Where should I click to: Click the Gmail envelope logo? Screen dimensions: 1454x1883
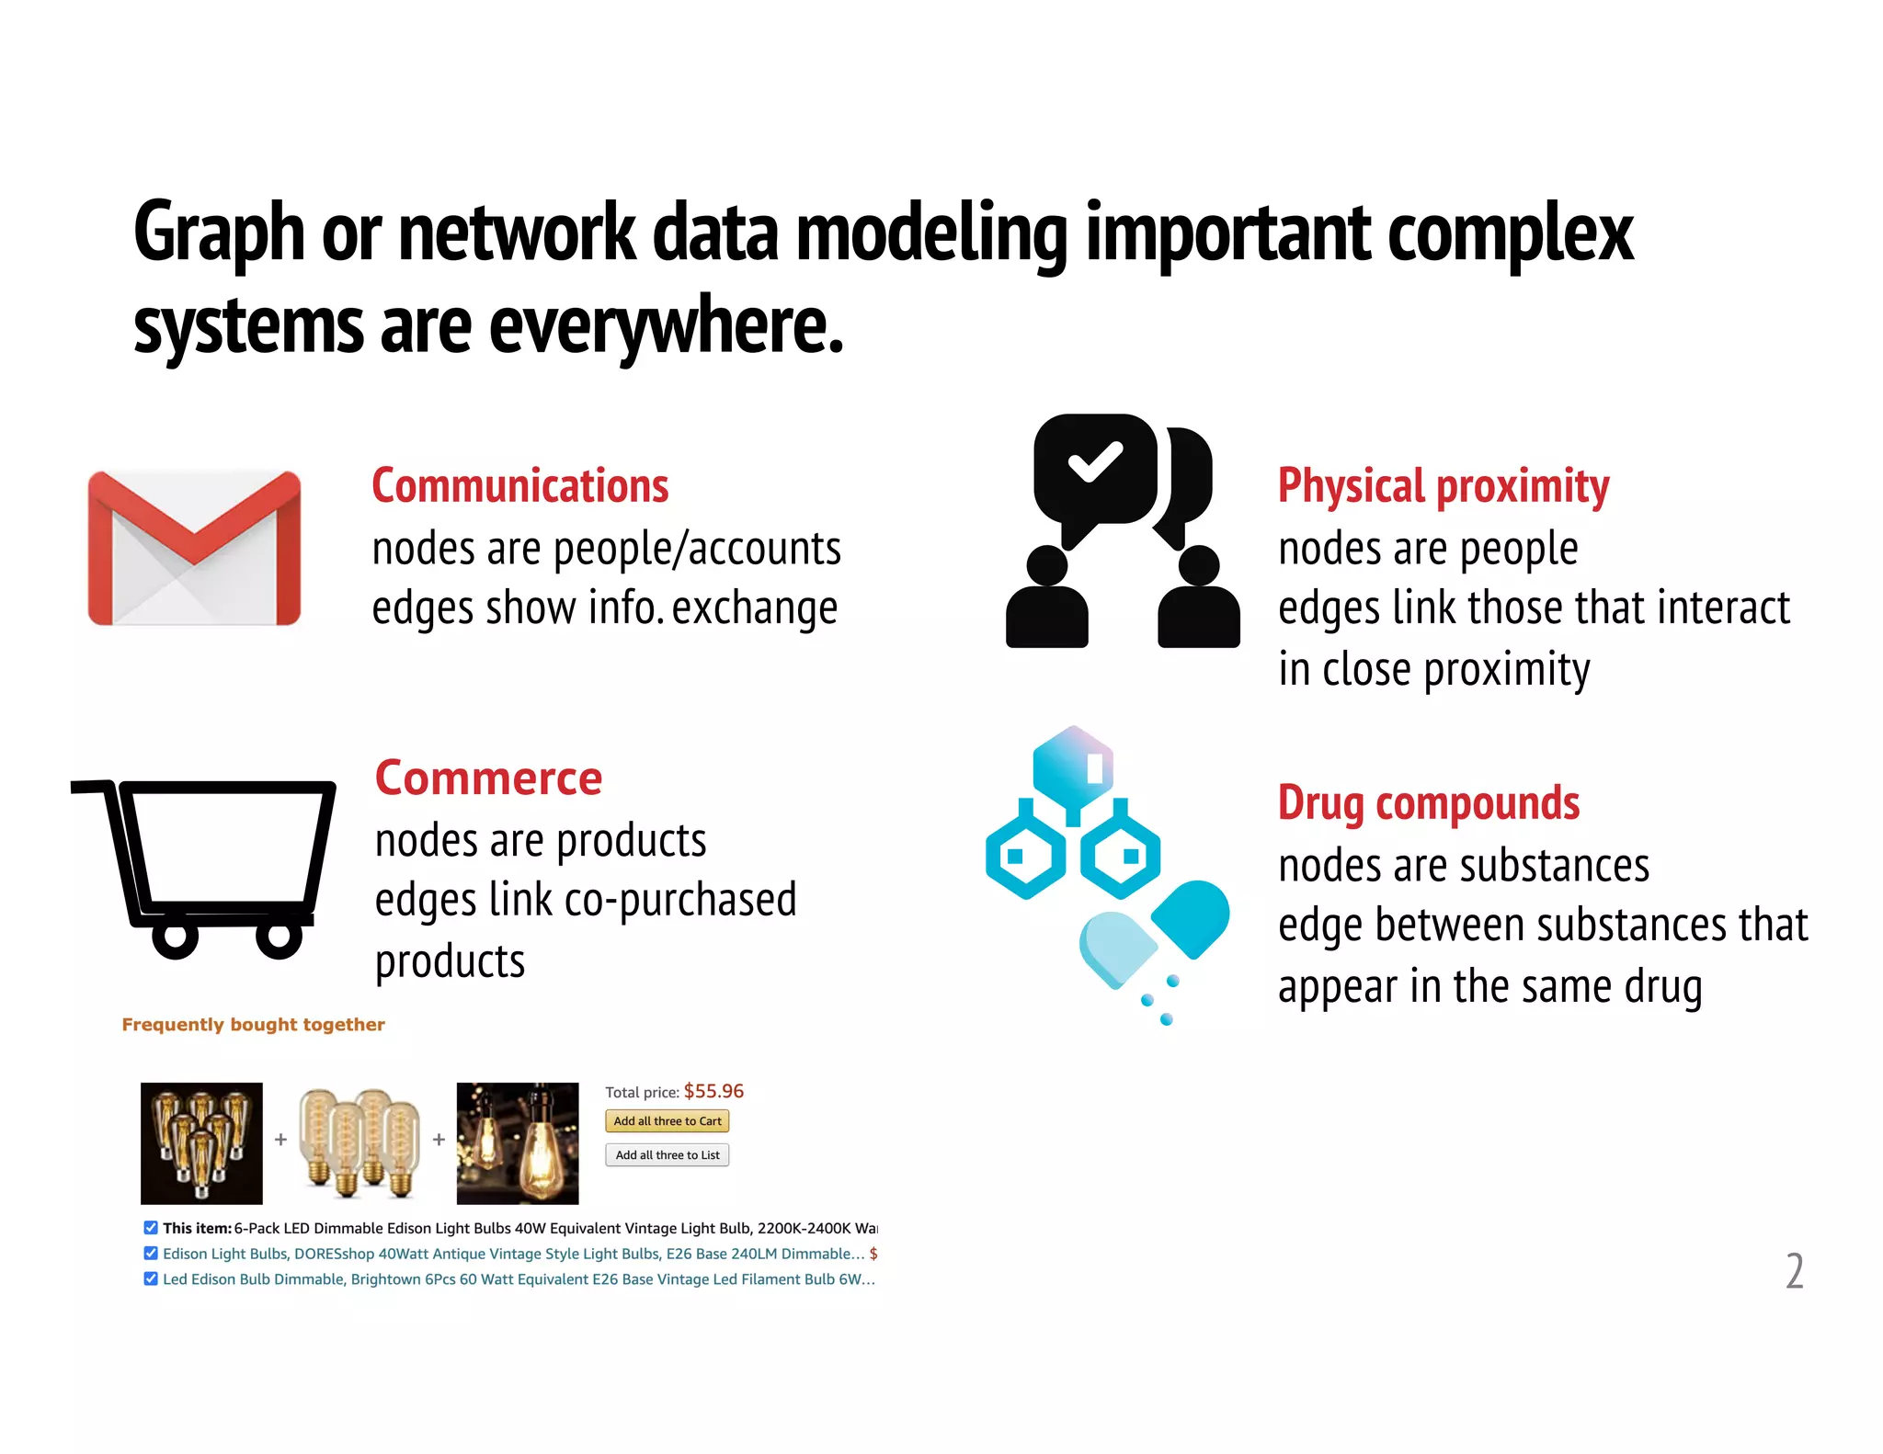click(x=194, y=548)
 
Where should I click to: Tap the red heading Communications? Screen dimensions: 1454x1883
click(x=519, y=486)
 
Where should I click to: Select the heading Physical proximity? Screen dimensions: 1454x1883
click(x=1443, y=486)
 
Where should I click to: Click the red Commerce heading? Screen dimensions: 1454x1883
click(x=488, y=778)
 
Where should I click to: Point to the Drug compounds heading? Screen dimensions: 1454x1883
click(x=1428, y=803)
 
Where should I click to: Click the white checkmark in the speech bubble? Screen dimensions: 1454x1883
click(x=1094, y=461)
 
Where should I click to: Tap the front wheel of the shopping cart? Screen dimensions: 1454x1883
click(x=280, y=937)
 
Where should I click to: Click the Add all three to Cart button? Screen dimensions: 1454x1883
click(x=667, y=1121)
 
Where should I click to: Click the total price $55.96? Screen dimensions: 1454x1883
click(x=713, y=1091)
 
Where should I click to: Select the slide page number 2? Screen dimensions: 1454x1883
click(x=1794, y=1271)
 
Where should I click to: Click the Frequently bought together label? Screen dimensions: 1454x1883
click(x=253, y=1025)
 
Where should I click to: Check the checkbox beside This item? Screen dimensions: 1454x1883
click(x=151, y=1228)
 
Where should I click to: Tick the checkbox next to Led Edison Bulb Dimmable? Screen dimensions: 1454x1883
click(x=151, y=1278)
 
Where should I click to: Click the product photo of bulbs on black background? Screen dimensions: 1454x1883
click(x=201, y=1143)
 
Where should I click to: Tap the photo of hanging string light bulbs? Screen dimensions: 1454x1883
click(x=518, y=1143)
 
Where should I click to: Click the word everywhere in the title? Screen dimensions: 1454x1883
click(x=666, y=326)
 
